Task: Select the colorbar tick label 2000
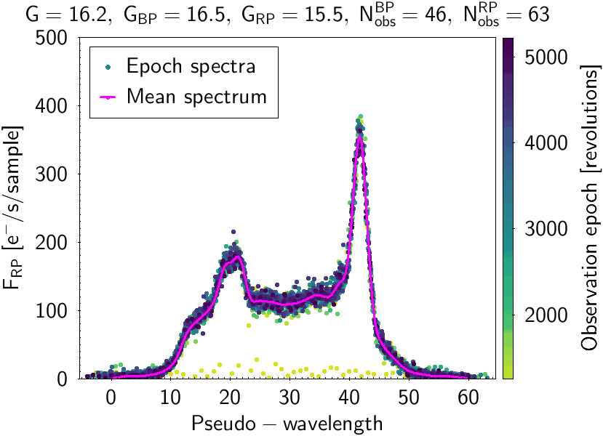pyautogui.click(x=543, y=315)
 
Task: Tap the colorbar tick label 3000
pyautogui.click(x=543, y=229)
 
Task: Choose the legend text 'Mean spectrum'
pyautogui.click(x=197, y=96)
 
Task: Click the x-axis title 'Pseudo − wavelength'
pyautogui.click(x=287, y=422)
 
